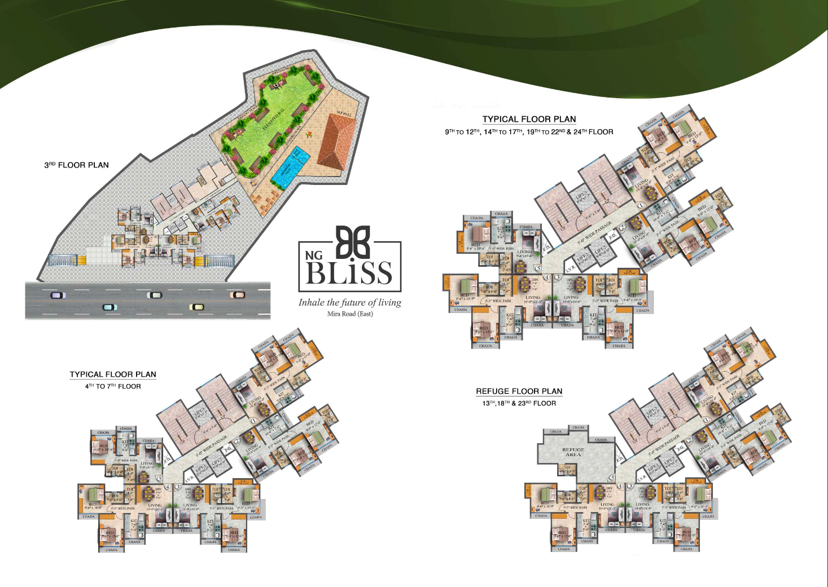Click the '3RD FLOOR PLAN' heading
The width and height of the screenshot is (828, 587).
(x=77, y=165)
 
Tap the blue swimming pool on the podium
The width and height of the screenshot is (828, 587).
(x=290, y=167)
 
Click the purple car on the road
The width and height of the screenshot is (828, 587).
(x=58, y=295)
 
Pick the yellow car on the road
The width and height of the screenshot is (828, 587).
(x=196, y=307)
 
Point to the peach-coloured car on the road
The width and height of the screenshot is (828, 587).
(x=237, y=294)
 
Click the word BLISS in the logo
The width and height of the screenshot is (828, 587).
(x=349, y=273)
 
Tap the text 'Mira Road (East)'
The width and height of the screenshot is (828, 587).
(x=350, y=314)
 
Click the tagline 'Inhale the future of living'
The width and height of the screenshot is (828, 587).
(x=350, y=302)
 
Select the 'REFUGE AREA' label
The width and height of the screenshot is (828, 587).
(x=573, y=452)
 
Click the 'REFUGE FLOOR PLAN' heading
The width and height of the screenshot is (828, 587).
(x=519, y=391)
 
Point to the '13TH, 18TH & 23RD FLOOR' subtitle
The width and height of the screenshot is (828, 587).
(x=519, y=403)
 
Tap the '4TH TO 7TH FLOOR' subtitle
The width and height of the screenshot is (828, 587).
(x=113, y=386)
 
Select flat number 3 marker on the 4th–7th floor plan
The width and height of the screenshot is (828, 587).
(x=178, y=487)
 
